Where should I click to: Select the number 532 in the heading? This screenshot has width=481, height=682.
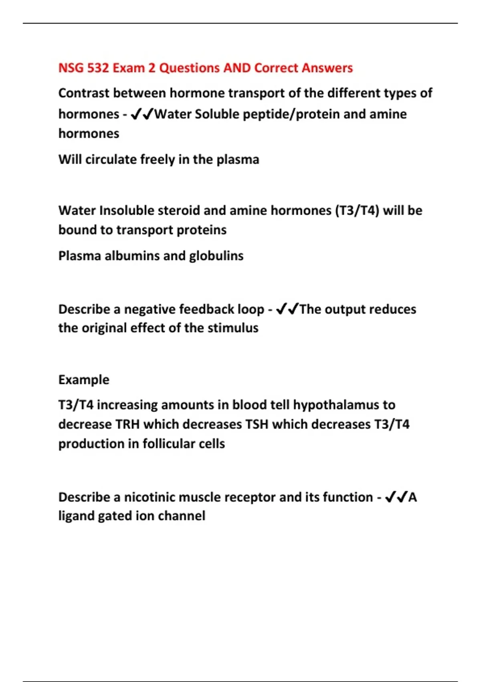click(x=98, y=68)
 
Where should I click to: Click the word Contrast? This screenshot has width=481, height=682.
click(x=84, y=93)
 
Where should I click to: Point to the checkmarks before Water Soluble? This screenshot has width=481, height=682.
click(x=142, y=114)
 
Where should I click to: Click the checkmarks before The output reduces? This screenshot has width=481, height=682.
click(x=287, y=309)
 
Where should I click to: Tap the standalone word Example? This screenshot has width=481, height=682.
click(x=84, y=380)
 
